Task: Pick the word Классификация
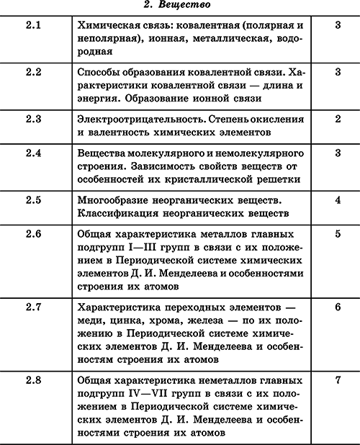pos(119,213)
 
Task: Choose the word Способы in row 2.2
pos(100,73)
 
